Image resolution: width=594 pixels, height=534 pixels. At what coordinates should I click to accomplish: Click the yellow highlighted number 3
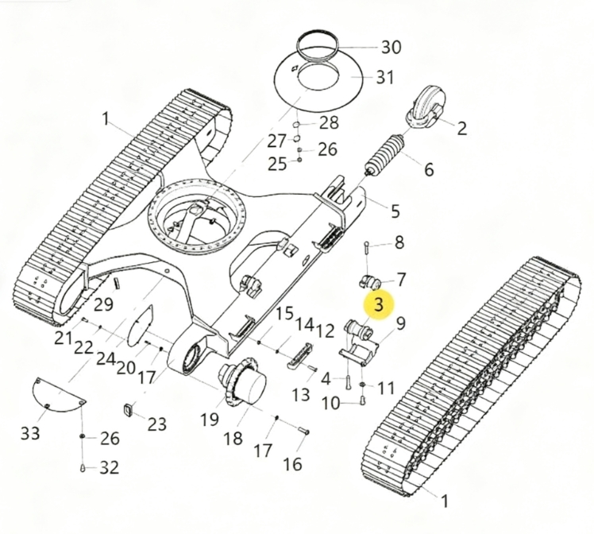coord(379,304)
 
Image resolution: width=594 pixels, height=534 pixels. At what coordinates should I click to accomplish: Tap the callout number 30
coord(391,48)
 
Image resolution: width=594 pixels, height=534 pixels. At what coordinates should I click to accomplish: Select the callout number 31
coord(385,77)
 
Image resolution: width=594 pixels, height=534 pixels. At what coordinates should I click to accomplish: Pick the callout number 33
coord(30,432)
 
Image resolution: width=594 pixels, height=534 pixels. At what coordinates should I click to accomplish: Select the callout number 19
coord(210,419)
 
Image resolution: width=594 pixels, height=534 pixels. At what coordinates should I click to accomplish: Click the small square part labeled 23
coord(129,410)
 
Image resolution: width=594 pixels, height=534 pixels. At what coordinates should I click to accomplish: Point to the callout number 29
coord(103,304)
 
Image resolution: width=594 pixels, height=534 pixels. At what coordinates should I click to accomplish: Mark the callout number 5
coord(395,211)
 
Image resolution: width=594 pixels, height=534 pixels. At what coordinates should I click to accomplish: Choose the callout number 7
coord(400,280)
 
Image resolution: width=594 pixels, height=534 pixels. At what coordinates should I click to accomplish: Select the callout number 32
coord(110,468)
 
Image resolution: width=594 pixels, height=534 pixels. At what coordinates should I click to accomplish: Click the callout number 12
coord(325,331)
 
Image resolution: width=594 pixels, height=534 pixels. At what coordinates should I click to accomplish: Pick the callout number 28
coord(330,123)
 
